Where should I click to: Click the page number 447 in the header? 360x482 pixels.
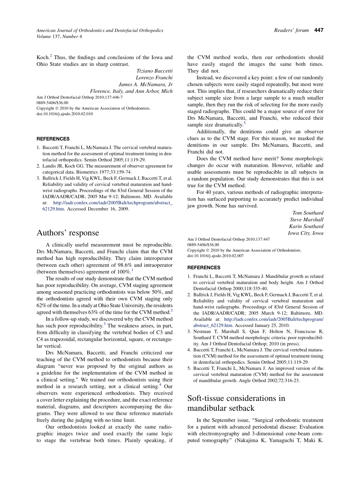click(x=319, y=30)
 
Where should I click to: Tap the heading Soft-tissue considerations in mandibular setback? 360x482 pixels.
click(x=236, y=403)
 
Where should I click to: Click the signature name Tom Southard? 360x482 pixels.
click(x=308, y=213)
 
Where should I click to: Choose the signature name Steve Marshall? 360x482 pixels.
click(x=307, y=220)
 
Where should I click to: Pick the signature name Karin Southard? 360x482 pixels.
click(x=306, y=227)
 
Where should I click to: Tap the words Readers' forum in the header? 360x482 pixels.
click(x=291, y=30)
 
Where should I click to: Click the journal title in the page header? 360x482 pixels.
click(x=100, y=30)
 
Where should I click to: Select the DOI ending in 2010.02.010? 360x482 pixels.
click(x=64, y=114)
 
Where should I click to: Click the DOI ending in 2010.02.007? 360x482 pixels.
click(x=215, y=256)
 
